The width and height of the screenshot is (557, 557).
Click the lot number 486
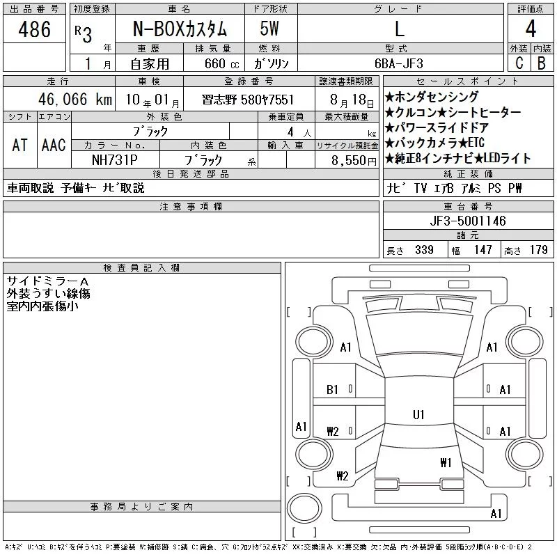click(34, 29)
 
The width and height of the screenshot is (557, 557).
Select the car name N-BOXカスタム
click(180, 29)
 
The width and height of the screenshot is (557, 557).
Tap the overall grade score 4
click(531, 29)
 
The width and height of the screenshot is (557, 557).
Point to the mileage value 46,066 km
click(75, 100)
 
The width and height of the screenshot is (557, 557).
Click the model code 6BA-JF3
click(399, 63)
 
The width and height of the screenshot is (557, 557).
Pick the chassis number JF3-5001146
click(467, 221)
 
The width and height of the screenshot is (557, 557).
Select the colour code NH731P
click(114, 160)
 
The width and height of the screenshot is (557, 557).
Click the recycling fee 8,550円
click(354, 161)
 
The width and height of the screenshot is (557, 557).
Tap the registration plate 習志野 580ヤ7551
click(248, 100)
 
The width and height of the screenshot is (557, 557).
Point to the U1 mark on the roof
click(418, 414)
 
